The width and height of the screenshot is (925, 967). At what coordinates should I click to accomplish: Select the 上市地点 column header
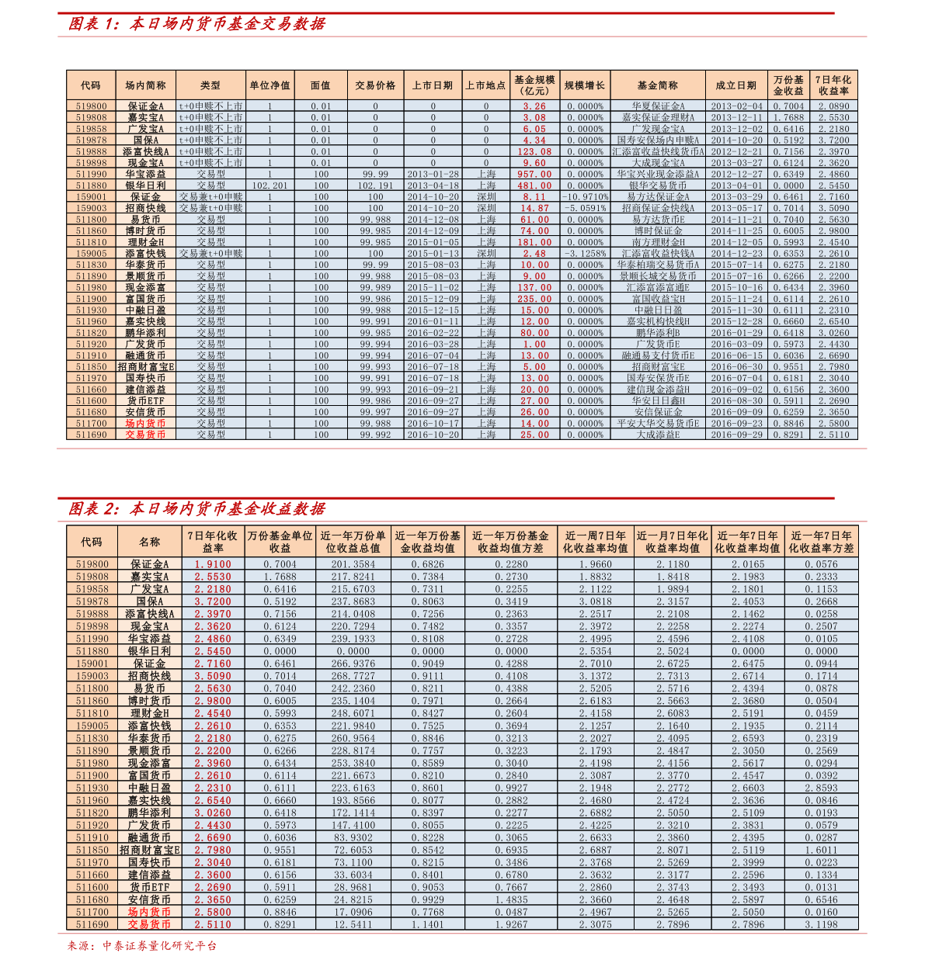click(x=485, y=85)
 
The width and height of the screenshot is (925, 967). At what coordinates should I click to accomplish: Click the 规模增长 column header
click(x=584, y=85)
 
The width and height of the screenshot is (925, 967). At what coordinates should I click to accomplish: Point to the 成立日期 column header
click(x=735, y=85)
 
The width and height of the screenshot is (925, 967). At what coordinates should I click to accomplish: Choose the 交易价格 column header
click(x=375, y=85)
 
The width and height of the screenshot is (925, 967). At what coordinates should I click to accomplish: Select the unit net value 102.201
click(x=270, y=186)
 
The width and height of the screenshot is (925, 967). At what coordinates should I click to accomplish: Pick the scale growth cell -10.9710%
click(x=584, y=197)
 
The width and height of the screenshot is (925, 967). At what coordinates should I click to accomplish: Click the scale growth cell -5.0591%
click(x=584, y=209)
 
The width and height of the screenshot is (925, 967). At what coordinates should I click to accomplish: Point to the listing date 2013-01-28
click(x=433, y=175)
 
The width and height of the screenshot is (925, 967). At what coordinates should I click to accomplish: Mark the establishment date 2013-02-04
click(x=736, y=106)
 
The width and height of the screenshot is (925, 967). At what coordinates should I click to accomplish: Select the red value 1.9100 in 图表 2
click(x=213, y=565)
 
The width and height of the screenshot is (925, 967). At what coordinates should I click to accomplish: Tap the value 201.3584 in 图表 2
click(x=353, y=565)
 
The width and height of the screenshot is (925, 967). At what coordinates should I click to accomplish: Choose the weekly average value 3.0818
click(x=595, y=602)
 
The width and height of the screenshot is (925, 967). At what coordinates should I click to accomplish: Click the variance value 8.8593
click(x=821, y=789)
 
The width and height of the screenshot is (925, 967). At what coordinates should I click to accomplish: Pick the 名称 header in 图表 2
click(x=149, y=542)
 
